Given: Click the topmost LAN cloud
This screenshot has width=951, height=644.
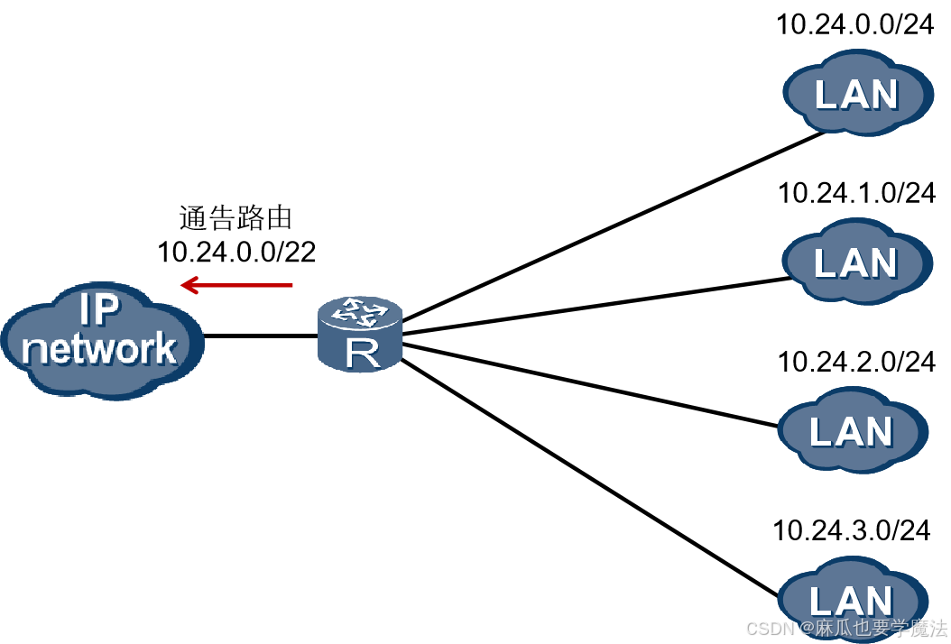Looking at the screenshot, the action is pos(856,93).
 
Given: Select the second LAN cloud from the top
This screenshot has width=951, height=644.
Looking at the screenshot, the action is pos(855,262).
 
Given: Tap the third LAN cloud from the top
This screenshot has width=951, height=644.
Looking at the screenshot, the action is pos(852,431).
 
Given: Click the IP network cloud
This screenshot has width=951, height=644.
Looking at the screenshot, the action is pos(101,339).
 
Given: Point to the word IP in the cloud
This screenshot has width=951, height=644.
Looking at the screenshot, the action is pos(99,309).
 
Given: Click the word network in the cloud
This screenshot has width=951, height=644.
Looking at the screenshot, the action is pos(99,348).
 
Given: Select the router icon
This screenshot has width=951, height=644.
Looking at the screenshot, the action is pos(361,335).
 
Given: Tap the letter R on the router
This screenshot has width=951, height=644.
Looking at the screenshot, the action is pos(362,354).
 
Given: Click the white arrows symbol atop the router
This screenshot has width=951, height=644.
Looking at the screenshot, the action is pos(360,313).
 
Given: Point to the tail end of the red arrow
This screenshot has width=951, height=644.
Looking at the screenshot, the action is pos(291,285).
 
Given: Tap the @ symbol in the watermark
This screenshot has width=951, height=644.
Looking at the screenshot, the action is pos(806,628).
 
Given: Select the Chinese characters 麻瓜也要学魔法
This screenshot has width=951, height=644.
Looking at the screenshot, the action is pos(881,628).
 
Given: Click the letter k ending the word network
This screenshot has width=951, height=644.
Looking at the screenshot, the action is pos(165,347).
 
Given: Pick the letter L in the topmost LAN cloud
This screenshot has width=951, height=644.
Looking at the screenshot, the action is pos(826,94).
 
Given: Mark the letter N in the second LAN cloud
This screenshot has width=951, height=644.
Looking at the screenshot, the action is pos(882,262).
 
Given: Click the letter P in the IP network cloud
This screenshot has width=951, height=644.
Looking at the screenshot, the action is pos(108,309).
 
